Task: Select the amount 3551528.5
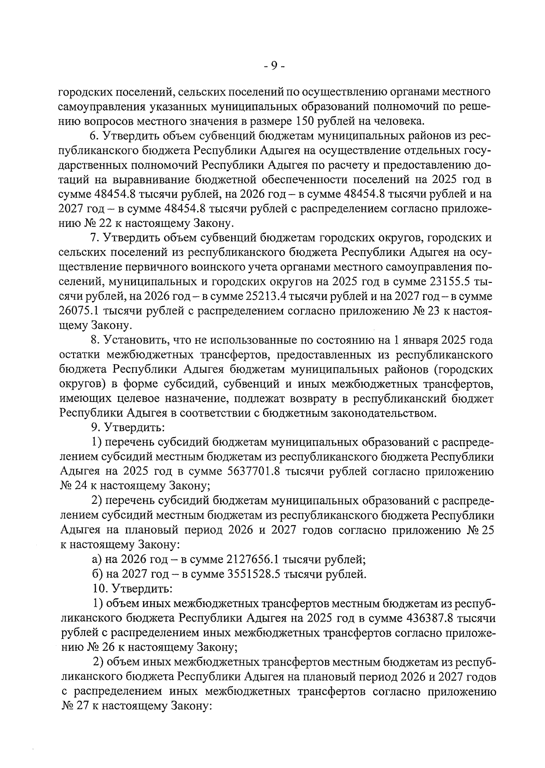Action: pos(253,574)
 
